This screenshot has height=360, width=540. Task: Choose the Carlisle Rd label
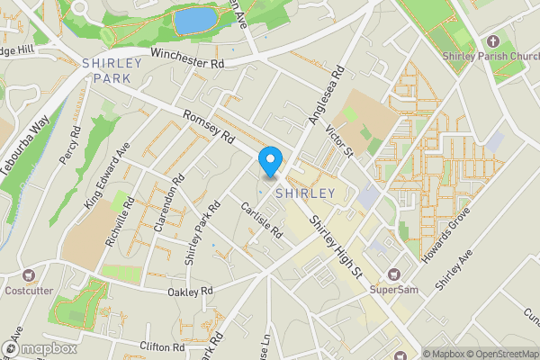click(x=262, y=220)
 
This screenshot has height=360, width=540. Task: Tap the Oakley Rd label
click(x=190, y=292)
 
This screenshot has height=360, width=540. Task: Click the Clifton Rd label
click(x=162, y=346)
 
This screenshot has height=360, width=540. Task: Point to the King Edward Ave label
click(x=107, y=176)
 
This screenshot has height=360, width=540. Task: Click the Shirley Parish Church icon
click(x=492, y=41)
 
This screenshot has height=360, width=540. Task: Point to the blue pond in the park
click(x=195, y=21)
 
